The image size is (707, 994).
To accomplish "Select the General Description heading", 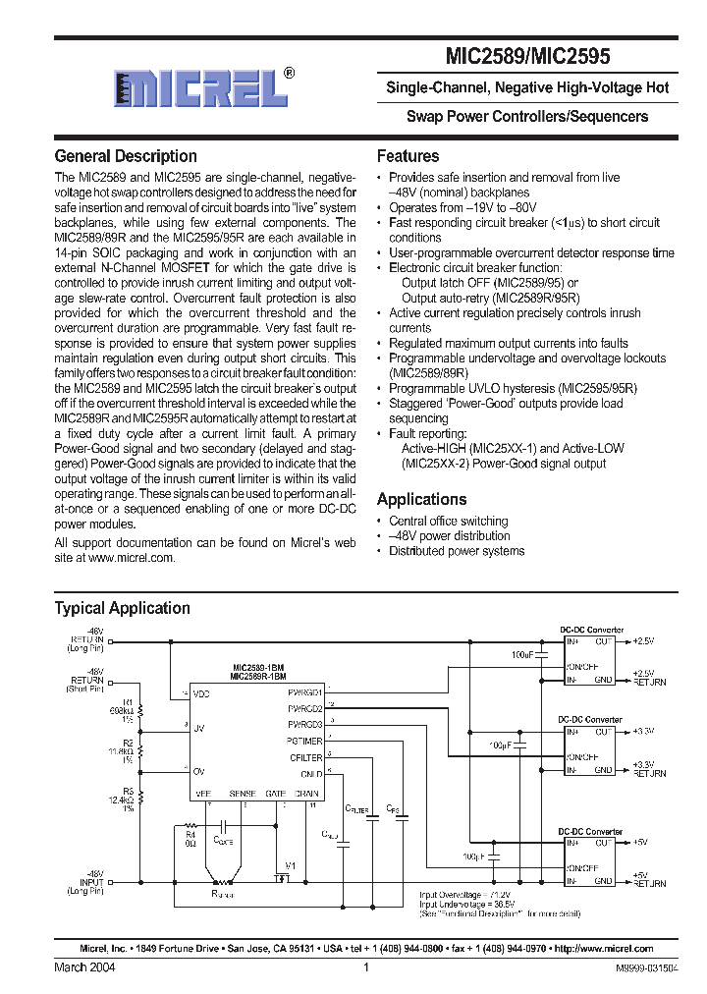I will point(126,156).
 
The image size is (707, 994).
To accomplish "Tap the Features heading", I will point(408,156).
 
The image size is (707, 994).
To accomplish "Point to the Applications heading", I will point(422,499).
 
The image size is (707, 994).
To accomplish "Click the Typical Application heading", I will point(123,608).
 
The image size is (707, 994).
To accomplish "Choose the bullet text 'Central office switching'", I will point(449,521).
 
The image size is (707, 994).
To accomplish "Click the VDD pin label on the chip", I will point(202,693).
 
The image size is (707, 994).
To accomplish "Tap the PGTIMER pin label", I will point(305,740).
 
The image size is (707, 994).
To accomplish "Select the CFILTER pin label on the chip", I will point(306,756).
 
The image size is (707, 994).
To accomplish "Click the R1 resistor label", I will point(127,701).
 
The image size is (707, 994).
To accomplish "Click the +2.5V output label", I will point(641,640).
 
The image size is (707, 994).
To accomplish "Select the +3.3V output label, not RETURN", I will point(641,732).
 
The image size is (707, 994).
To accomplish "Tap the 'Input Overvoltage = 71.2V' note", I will point(463,895).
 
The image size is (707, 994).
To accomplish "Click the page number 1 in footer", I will point(365,966).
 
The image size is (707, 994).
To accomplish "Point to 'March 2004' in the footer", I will point(84,966).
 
